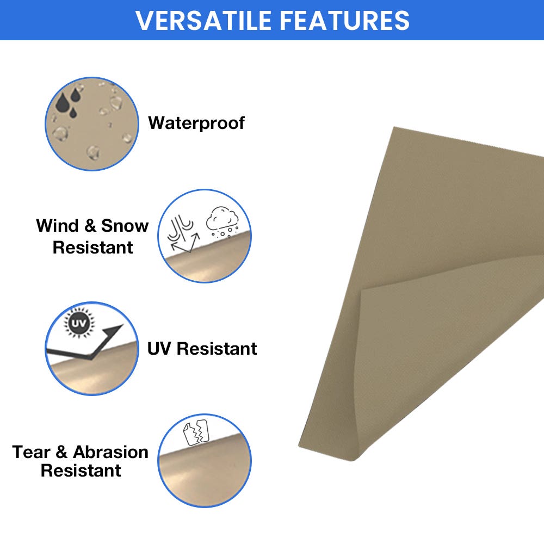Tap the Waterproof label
pos(196,123)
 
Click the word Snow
pos(125,226)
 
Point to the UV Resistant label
pos(202,349)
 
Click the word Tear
pos(32,452)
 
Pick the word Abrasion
pos(110,452)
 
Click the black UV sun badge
pos(77,324)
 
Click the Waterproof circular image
pos(92,123)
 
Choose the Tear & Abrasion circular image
pos(205,461)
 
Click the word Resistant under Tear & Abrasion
pos(81,471)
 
